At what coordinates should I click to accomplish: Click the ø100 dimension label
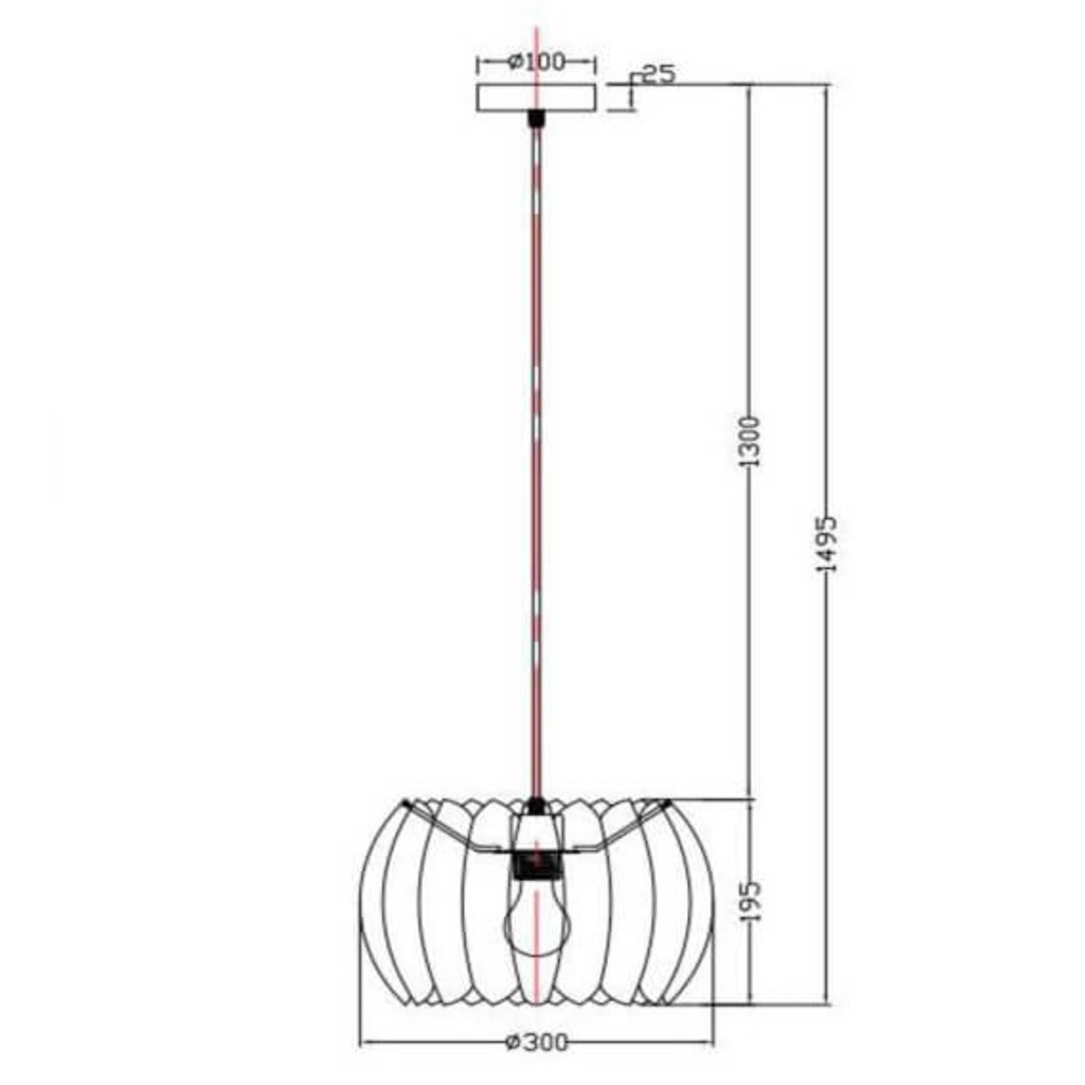tap(536, 61)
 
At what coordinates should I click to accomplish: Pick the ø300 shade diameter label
tap(537, 1043)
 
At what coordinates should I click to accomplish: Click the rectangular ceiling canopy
tap(536, 98)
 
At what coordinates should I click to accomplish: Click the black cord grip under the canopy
tap(536, 118)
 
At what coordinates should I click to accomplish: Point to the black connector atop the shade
tap(536, 803)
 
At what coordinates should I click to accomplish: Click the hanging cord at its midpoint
tap(536, 461)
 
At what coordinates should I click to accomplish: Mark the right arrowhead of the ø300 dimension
tap(710, 1043)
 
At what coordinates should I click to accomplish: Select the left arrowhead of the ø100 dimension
tap(481, 61)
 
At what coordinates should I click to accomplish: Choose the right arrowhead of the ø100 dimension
tap(592, 61)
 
